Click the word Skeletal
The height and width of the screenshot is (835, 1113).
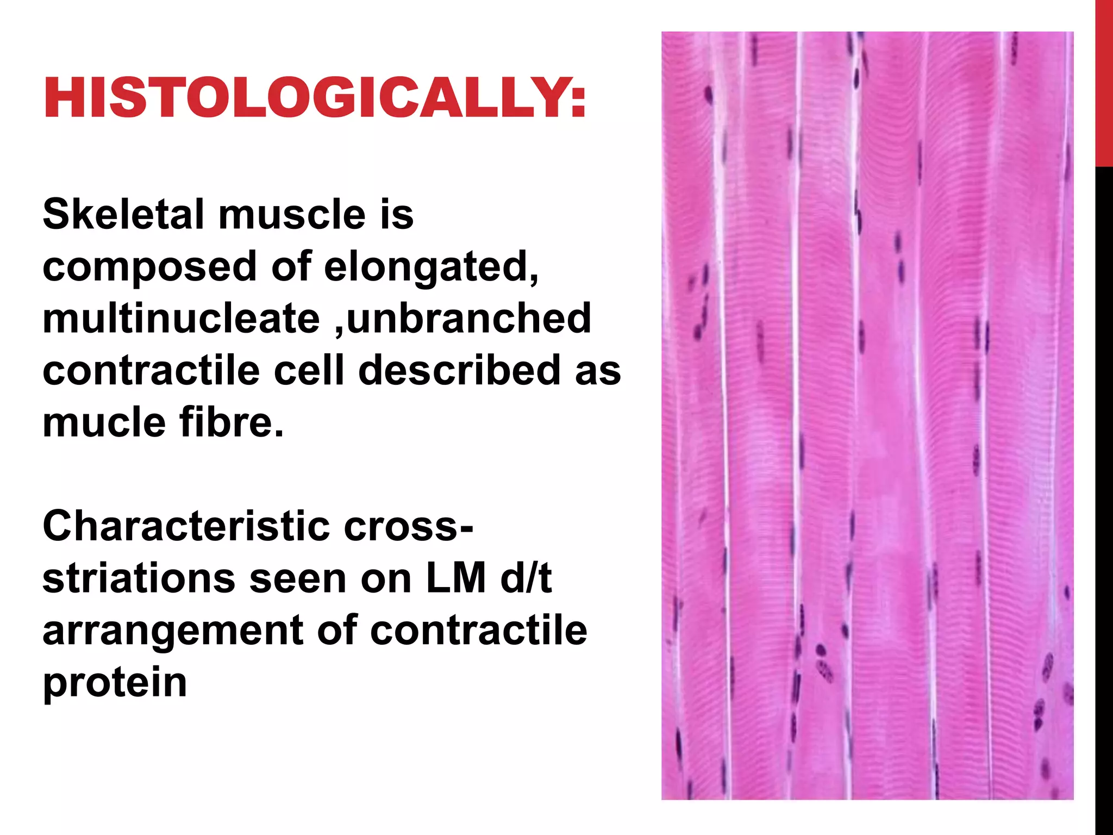(122, 214)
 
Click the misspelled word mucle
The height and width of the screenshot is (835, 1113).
(104, 422)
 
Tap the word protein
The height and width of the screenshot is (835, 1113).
(115, 683)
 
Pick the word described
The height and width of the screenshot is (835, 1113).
(459, 370)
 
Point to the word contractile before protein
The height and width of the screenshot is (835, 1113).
(479, 631)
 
